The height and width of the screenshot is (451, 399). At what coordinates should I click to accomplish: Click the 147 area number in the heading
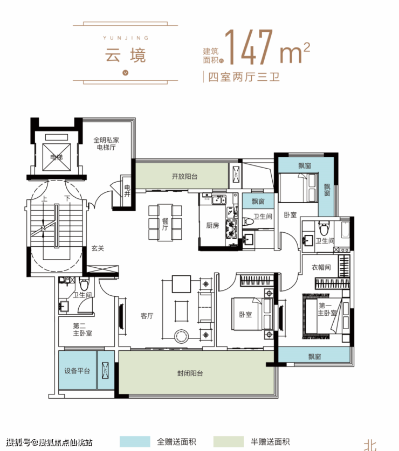(x=249, y=47)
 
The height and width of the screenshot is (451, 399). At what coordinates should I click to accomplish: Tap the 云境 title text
(x=125, y=55)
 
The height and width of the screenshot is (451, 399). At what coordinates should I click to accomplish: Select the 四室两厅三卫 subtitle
(x=244, y=77)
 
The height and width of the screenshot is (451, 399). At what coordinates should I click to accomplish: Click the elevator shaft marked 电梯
(x=57, y=157)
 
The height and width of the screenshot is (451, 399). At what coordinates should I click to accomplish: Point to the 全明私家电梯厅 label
(x=106, y=143)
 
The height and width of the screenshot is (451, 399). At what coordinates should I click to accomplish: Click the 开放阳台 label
(x=185, y=176)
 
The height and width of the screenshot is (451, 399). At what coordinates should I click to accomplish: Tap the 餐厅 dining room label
(x=165, y=224)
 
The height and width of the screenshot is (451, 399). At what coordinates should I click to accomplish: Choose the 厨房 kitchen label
(x=212, y=225)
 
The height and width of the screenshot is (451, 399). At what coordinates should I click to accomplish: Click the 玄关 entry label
(x=98, y=248)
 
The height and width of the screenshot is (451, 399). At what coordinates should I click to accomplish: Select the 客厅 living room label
(x=147, y=316)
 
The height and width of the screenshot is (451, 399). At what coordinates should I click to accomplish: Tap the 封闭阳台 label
(x=190, y=373)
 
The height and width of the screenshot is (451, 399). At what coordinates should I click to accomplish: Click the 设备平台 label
(x=77, y=371)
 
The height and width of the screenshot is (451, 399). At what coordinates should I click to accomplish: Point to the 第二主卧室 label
(x=82, y=330)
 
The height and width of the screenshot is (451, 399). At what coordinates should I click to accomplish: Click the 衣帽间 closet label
(x=321, y=267)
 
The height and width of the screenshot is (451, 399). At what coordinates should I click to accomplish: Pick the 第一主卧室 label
(x=327, y=309)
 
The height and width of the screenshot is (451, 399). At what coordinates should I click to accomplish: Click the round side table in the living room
(x=181, y=336)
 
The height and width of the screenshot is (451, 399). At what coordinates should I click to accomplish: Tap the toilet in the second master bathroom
(x=84, y=284)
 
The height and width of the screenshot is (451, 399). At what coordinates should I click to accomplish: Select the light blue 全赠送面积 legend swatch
(x=135, y=441)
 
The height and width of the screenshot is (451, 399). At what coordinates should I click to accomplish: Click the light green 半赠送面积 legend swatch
(x=229, y=441)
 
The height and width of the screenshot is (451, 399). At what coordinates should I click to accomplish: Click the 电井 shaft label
(x=127, y=191)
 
